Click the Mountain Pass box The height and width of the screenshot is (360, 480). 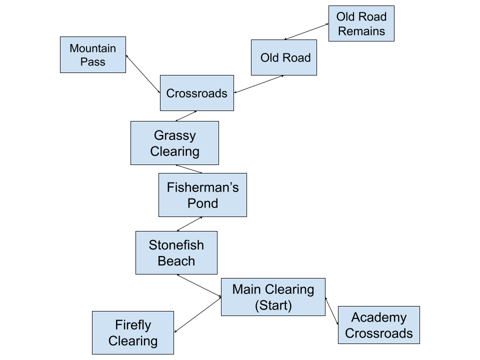tap(93, 55)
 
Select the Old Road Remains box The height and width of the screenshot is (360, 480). tap(361, 23)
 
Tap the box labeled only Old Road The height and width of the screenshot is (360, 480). tap(284, 57)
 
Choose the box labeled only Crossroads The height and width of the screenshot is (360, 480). tap(196, 93)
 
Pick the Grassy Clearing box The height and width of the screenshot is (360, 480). tap(174, 143)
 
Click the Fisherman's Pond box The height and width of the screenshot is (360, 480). tap(202, 195)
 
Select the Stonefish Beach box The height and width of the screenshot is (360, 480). tap(176, 252)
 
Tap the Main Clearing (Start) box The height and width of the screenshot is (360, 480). tap(273, 297)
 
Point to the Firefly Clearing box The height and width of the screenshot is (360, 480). tap(133, 333)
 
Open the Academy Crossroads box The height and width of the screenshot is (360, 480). tap(378, 325)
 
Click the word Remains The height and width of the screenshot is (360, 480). tap(361, 31)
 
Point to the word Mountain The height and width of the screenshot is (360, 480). tap(93, 48)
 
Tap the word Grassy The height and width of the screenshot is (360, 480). tap(174, 135)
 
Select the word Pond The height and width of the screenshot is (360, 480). tap(202, 203)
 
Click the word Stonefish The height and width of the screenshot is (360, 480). tap(176, 245)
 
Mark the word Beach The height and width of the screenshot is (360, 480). tap(176, 261)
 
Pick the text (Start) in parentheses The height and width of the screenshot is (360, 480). tap(273, 305)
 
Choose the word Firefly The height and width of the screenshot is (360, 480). tap(133, 325)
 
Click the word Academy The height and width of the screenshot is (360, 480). tap(378, 317)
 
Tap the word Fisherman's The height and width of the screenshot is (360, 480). tap(202, 187)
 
